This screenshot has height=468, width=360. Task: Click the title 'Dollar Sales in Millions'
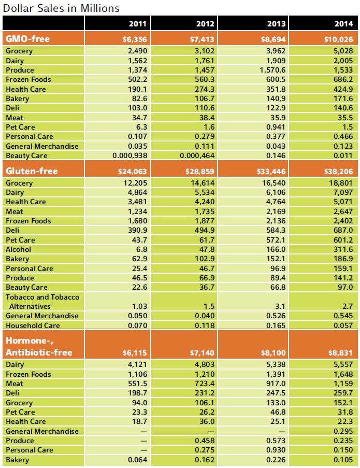click(61, 8)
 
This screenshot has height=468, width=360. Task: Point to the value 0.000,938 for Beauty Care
click(132, 155)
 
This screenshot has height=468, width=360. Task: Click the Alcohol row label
click(18, 249)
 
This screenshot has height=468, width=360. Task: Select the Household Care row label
click(33, 325)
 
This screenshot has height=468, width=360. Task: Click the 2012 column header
click(206, 24)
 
